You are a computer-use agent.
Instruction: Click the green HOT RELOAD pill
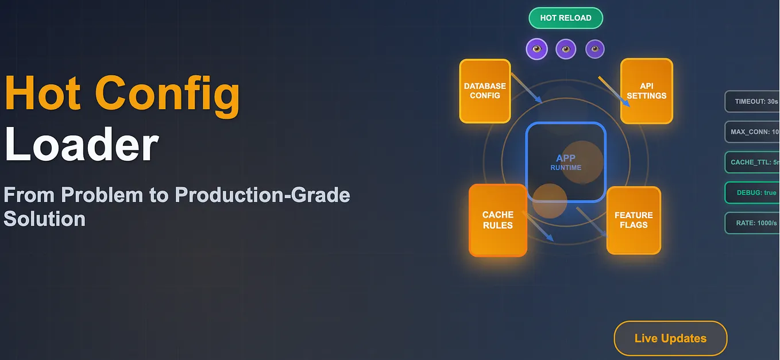coord(565,18)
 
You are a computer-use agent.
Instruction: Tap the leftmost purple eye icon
coord(536,49)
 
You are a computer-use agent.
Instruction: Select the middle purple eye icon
coord(566,49)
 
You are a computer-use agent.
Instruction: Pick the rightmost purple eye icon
coord(594,49)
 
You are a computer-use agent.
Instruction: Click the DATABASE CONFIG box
coord(485,91)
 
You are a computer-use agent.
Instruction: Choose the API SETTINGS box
coord(646,91)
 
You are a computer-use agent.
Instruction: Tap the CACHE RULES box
coord(497,220)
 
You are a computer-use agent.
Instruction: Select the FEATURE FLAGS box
coord(634,220)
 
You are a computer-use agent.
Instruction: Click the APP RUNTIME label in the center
coord(565,162)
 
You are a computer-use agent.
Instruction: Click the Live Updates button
coord(670,338)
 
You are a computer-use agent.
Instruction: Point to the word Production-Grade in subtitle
coord(262,195)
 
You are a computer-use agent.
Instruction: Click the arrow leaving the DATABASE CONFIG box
coord(526,88)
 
